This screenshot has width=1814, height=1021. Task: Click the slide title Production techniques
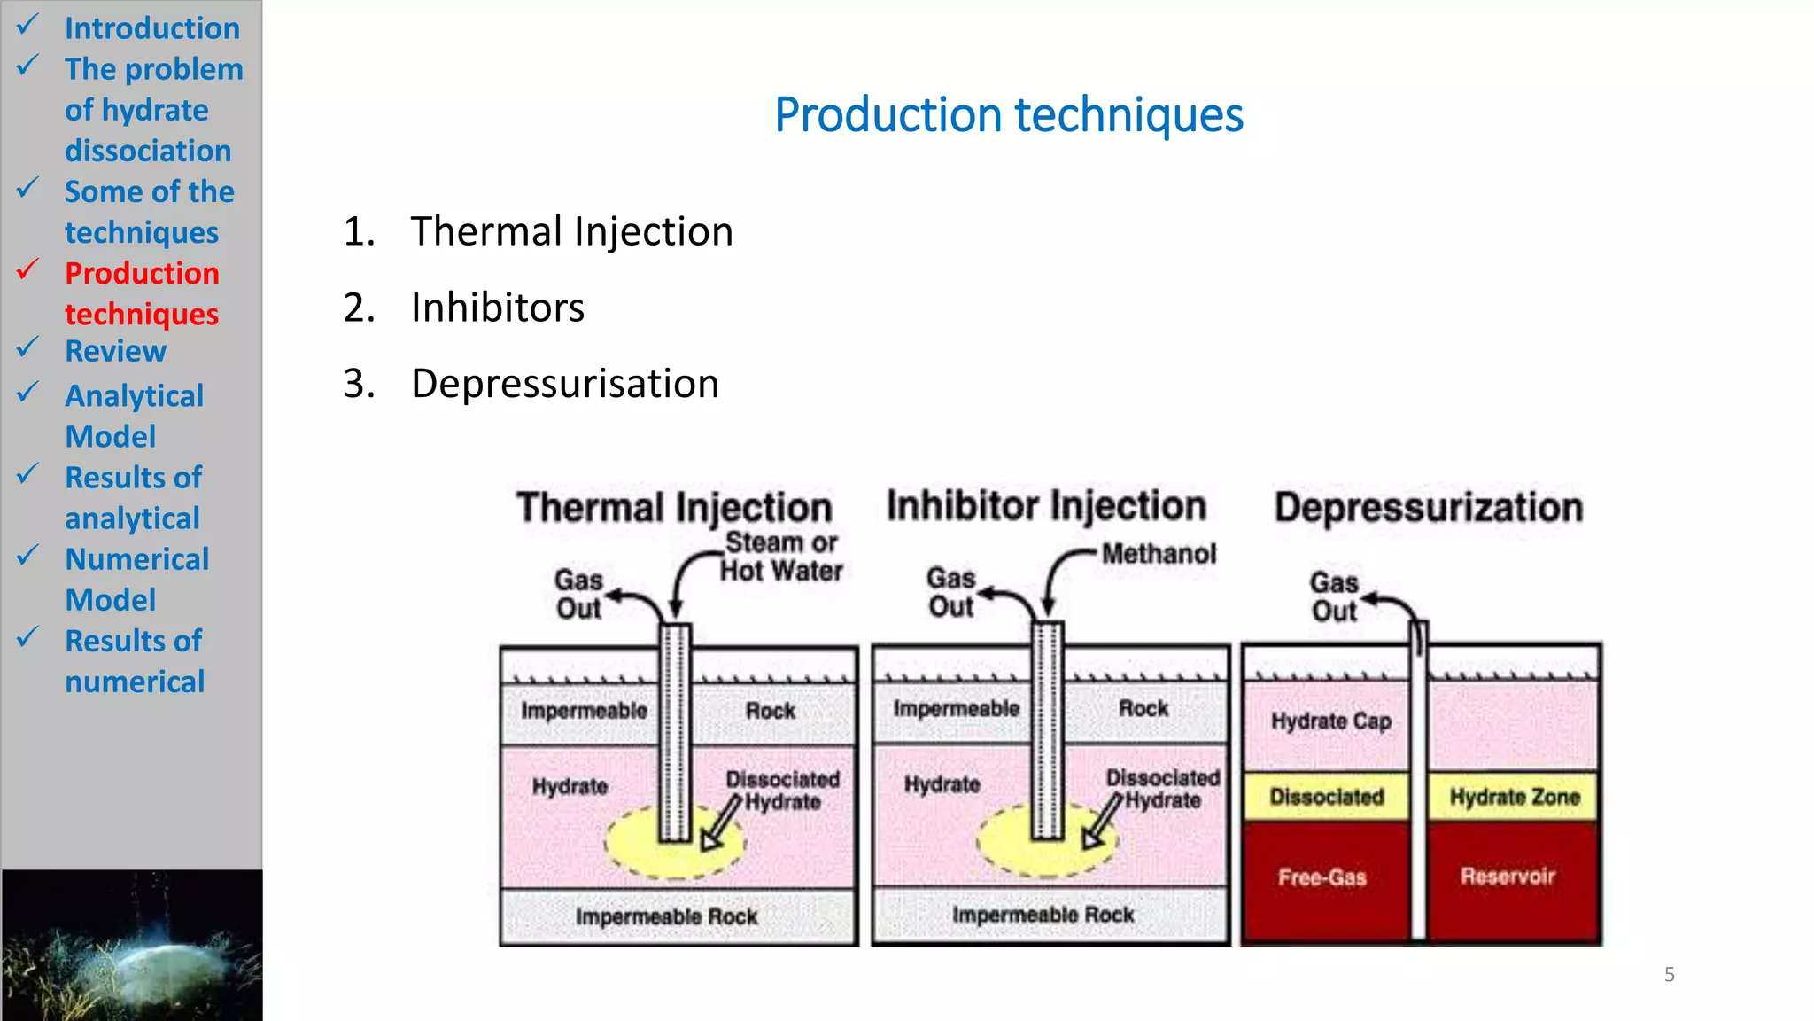pyautogui.click(x=1008, y=115)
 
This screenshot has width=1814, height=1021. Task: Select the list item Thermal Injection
pyautogui.click(x=571, y=232)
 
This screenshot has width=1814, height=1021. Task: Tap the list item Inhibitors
pyautogui.click(x=497, y=308)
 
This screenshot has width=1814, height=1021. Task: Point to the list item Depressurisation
pyautogui.click(x=564, y=385)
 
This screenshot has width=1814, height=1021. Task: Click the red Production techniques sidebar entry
pyautogui.click(x=142, y=293)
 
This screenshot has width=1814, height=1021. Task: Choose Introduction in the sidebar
pyautogui.click(x=151, y=28)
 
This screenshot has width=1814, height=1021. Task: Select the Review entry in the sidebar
pyautogui.click(x=115, y=351)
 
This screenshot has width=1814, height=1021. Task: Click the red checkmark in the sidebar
pyautogui.click(x=27, y=269)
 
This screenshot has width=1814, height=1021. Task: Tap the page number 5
pyautogui.click(x=1669, y=975)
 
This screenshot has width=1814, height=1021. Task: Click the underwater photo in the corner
pyautogui.click(x=131, y=945)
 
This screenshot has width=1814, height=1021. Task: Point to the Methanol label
pyautogui.click(x=1159, y=554)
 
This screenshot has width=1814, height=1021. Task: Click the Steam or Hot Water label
pyautogui.click(x=780, y=557)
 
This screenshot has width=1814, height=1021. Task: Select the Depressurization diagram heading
pyautogui.click(x=1428, y=508)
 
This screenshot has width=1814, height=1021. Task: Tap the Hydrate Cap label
pyautogui.click(x=1330, y=721)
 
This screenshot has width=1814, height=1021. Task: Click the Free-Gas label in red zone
pyautogui.click(x=1322, y=877)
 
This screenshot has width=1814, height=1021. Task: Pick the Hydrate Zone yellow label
pyautogui.click(x=1514, y=797)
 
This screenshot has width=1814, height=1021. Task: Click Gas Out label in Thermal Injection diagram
pyautogui.click(x=578, y=595)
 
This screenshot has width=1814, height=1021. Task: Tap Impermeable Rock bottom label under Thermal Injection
pyautogui.click(x=666, y=916)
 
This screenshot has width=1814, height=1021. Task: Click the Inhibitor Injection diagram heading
pyautogui.click(x=1046, y=506)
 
